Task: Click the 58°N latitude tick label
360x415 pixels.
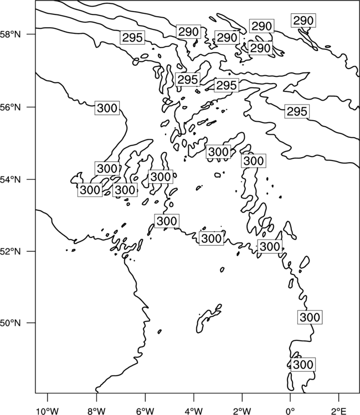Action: pyautogui.click(x=11, y=34)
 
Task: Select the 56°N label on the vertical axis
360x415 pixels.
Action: pyautogui.click(x=11, y=107)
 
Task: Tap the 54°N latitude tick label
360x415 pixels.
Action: pyautogui.click(x=11, y=180)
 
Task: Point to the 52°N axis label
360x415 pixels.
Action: pyautogui.click(x=11, y=251)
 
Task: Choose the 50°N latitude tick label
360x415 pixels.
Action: pyautogui.click(x=11, y=323)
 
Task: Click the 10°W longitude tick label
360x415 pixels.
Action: pyautogui.click(x=48, y=411)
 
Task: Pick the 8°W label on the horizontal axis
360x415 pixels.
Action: pyautogui.click(x=96, y=411)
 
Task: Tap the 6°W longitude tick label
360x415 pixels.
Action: pyautogui.click(x=145, y=411)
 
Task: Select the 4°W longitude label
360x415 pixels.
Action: pyautogui.click(x=194, y=411)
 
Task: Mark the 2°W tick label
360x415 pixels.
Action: pyautogui.click(x=242, y=411)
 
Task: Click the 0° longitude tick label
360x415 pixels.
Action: pyautogui.click(x=291, y=411)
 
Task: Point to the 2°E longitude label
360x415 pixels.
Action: pyautogui.click(x=339, y=411)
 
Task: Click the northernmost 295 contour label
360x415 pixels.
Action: pyautogui.click(x=132, y=38)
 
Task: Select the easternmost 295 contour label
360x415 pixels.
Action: pyautogui.click(x=297, y=111)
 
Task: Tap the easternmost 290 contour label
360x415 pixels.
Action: pyautogui.click(x=304, y=20)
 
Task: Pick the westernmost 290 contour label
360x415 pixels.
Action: pyautogui.click(x=188, y=32)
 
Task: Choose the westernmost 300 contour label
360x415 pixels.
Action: pyautogui.click(x=90, y=190)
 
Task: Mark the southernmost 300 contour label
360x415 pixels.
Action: pyautogui.click(x=303, y=365)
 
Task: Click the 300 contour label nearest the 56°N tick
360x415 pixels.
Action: pyautogui.click(x=107, y=108)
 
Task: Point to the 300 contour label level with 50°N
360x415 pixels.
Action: pyautogui.click(x=310, y=317)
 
